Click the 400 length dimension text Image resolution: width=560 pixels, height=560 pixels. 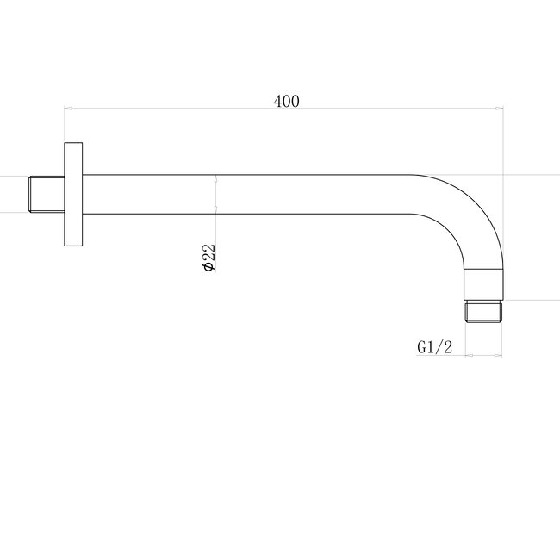(x=286, y=102)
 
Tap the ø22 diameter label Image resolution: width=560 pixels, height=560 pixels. (x=208, y=258)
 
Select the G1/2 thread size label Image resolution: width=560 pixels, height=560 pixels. (x=434, y=346)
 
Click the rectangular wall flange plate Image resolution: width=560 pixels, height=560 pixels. (x=72, y=194)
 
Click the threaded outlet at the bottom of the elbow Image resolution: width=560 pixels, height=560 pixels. (x=483, y=312)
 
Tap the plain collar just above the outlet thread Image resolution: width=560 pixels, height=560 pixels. (x=483, y=283)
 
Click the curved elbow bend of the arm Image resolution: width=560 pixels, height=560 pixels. (x=470, y=215)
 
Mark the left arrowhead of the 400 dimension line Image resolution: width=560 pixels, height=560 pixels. (x=69, y=109)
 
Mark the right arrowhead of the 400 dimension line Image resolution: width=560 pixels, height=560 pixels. (x=500, y=109)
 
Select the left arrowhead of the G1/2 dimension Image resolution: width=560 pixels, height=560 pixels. (x=467, y=354)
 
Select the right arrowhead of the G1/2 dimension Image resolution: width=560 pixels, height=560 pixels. (x=500, y=354)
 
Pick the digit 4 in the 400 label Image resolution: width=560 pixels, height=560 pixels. (x=277, y=102)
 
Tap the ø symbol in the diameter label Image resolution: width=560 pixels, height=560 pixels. (x=208, y=269)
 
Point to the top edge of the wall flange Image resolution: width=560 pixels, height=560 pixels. (x=72, y=143)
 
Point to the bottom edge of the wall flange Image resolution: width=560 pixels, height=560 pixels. (x=72, y=245)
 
